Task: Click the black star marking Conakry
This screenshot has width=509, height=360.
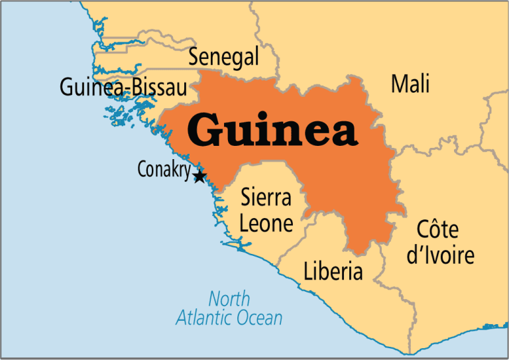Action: pyautogui.click(x=199, y=176)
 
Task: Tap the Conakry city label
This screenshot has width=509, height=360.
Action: pyautogui.click(x=164, y=170)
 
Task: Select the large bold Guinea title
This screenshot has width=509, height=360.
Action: pyautogui.click(x=272, y=129)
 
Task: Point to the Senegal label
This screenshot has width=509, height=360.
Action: pyautogui.click(x=223, y=58)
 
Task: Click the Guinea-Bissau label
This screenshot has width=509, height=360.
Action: pyautogui.click(x=123, y=87)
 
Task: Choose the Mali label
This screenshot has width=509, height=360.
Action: pyautogui.click(x=410, y=84)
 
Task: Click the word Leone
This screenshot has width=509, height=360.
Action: pyautogui.click(x=266, y=223)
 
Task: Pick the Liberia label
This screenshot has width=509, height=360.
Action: pyautogui.click(x=333, y=271)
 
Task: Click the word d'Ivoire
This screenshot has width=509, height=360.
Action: pyautogui.click(x=440, y=255)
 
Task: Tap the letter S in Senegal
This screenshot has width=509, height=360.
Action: pyautogui.click(x=194, y=58)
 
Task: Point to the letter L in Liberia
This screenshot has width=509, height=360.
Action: pyautogui.click(x=308, y=271)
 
